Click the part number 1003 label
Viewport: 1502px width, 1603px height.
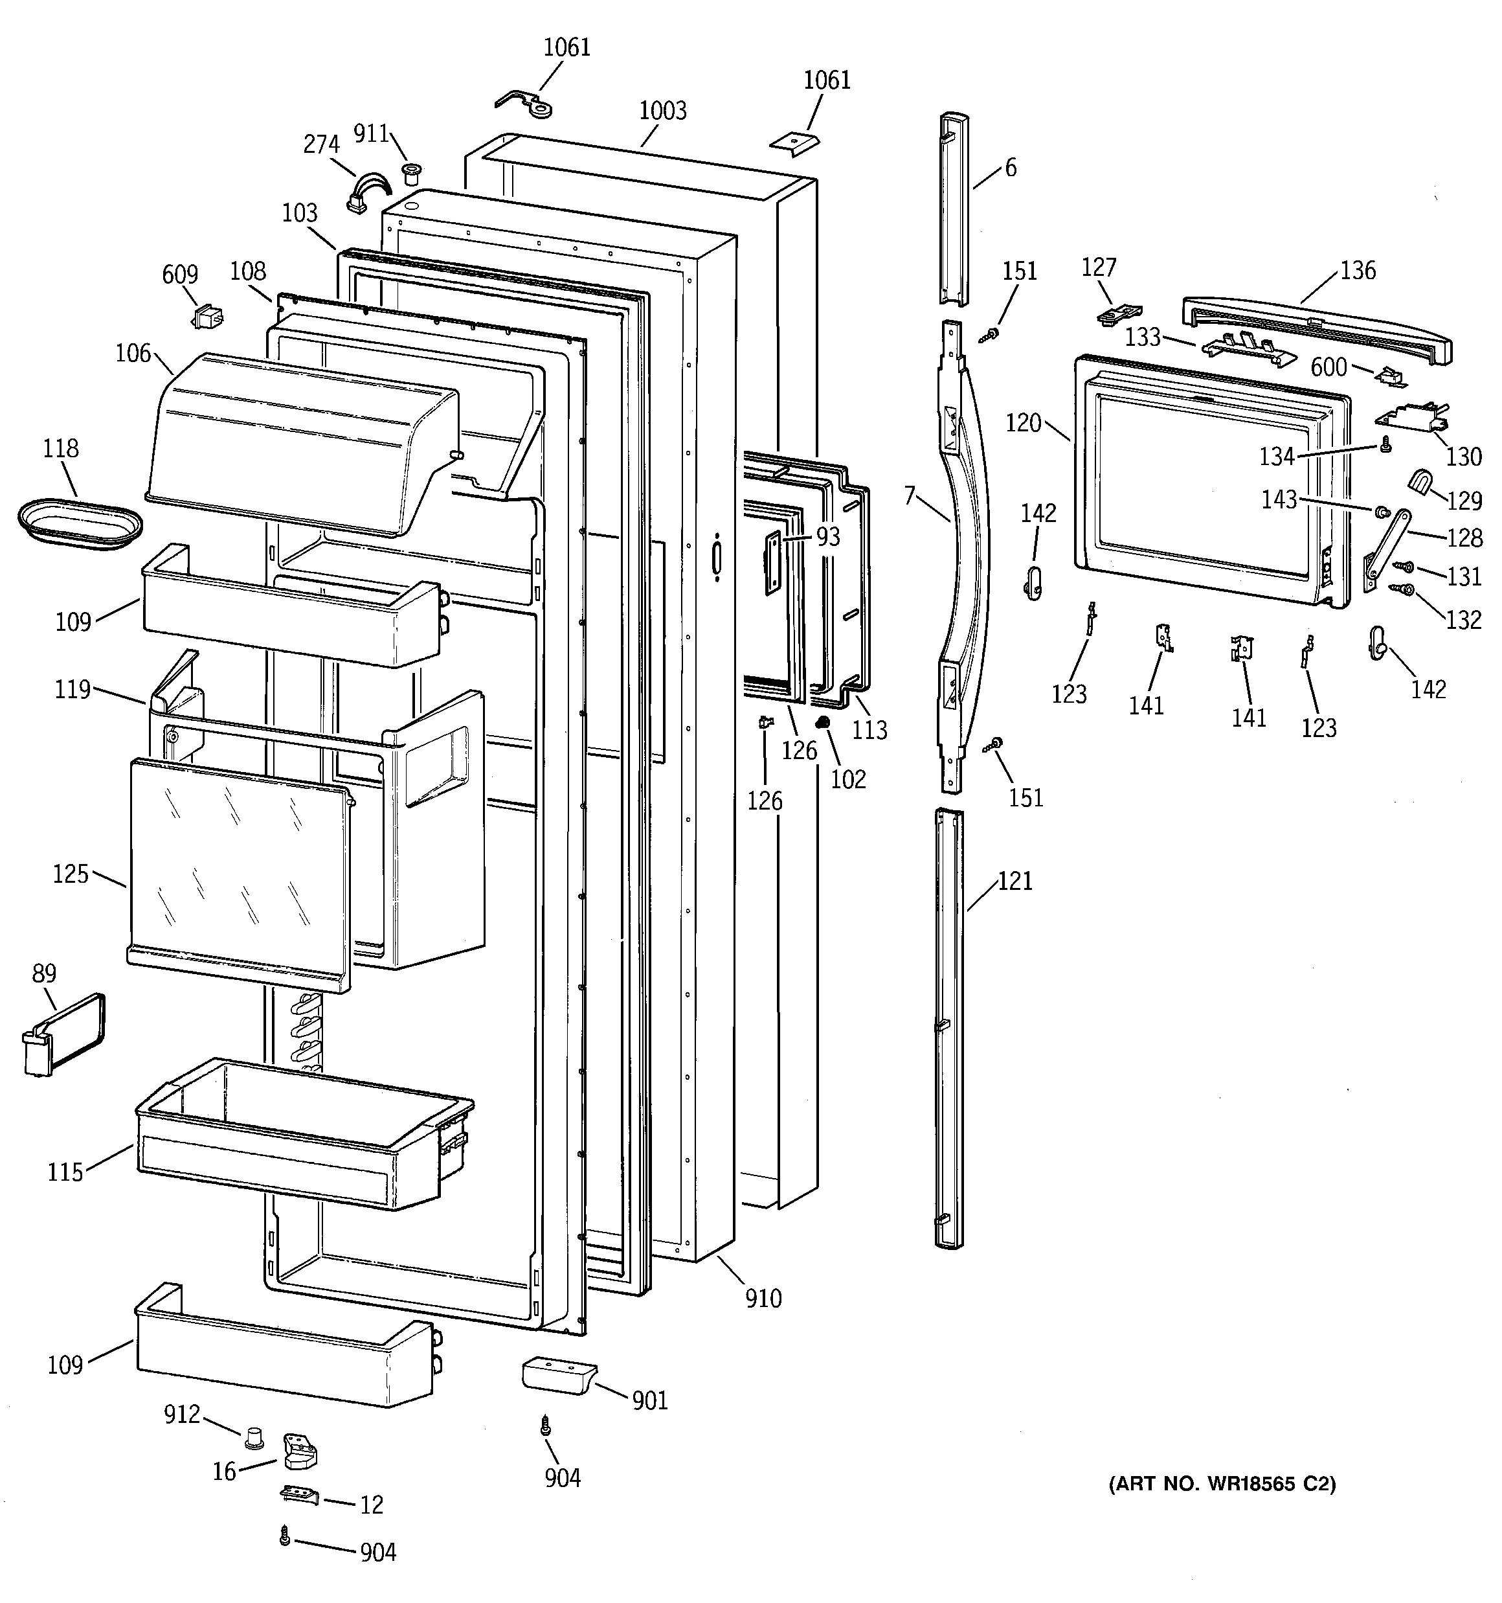click(663, 111)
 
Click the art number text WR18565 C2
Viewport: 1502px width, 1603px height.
click(1222, 1484)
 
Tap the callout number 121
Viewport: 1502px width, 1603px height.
click(1014, 881)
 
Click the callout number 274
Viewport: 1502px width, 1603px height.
click(321, 144)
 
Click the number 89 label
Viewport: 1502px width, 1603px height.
click(43, 974)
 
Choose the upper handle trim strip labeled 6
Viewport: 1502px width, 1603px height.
click(954, 210)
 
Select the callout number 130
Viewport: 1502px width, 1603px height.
click(1463, 457)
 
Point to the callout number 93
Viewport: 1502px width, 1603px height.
click(828, 536)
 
